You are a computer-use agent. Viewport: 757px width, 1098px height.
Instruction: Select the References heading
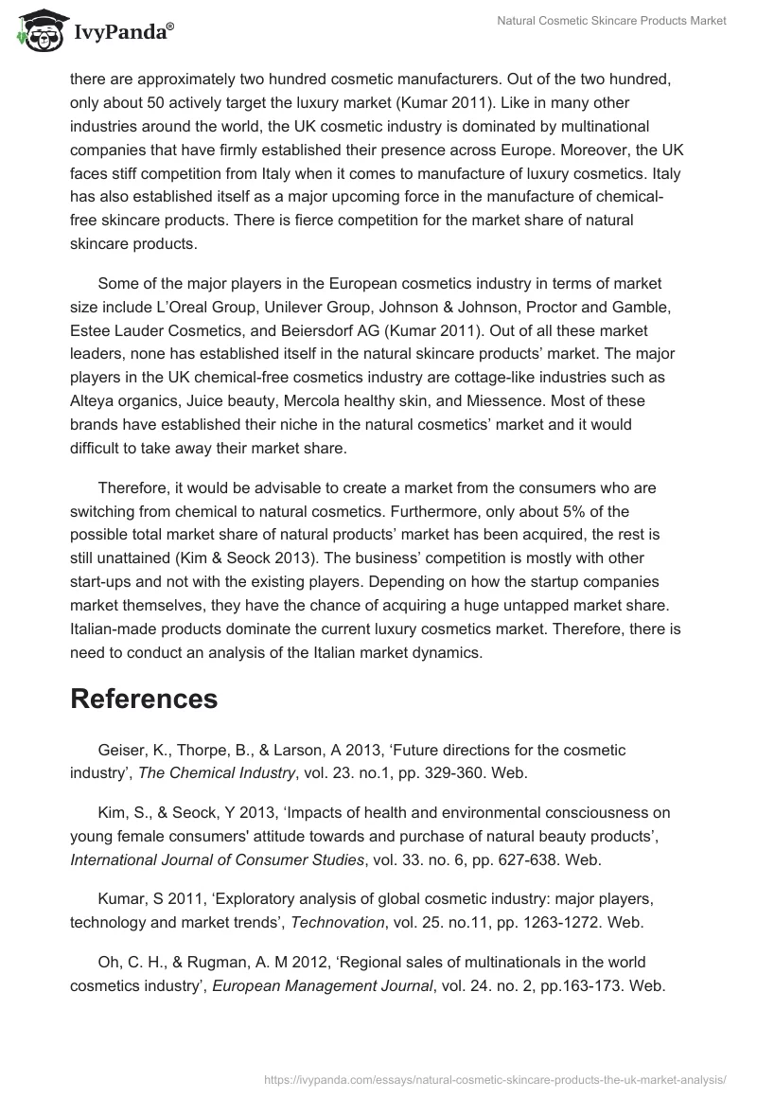pyautogui.click(x=144, y=699)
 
